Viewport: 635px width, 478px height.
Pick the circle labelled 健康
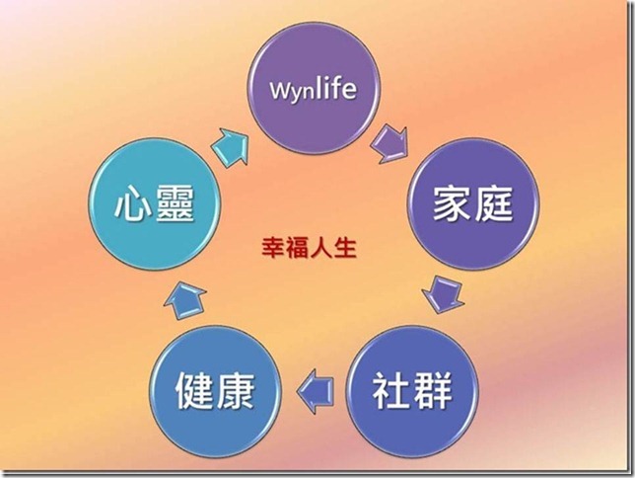tap(215, 387)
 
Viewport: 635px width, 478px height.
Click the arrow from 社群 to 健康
tap(316, 382)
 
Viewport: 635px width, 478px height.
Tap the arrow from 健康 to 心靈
tap(188, 296)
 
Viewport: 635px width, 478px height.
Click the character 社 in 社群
tap(390, 391)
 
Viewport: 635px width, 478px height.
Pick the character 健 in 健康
tap(192, 391)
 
